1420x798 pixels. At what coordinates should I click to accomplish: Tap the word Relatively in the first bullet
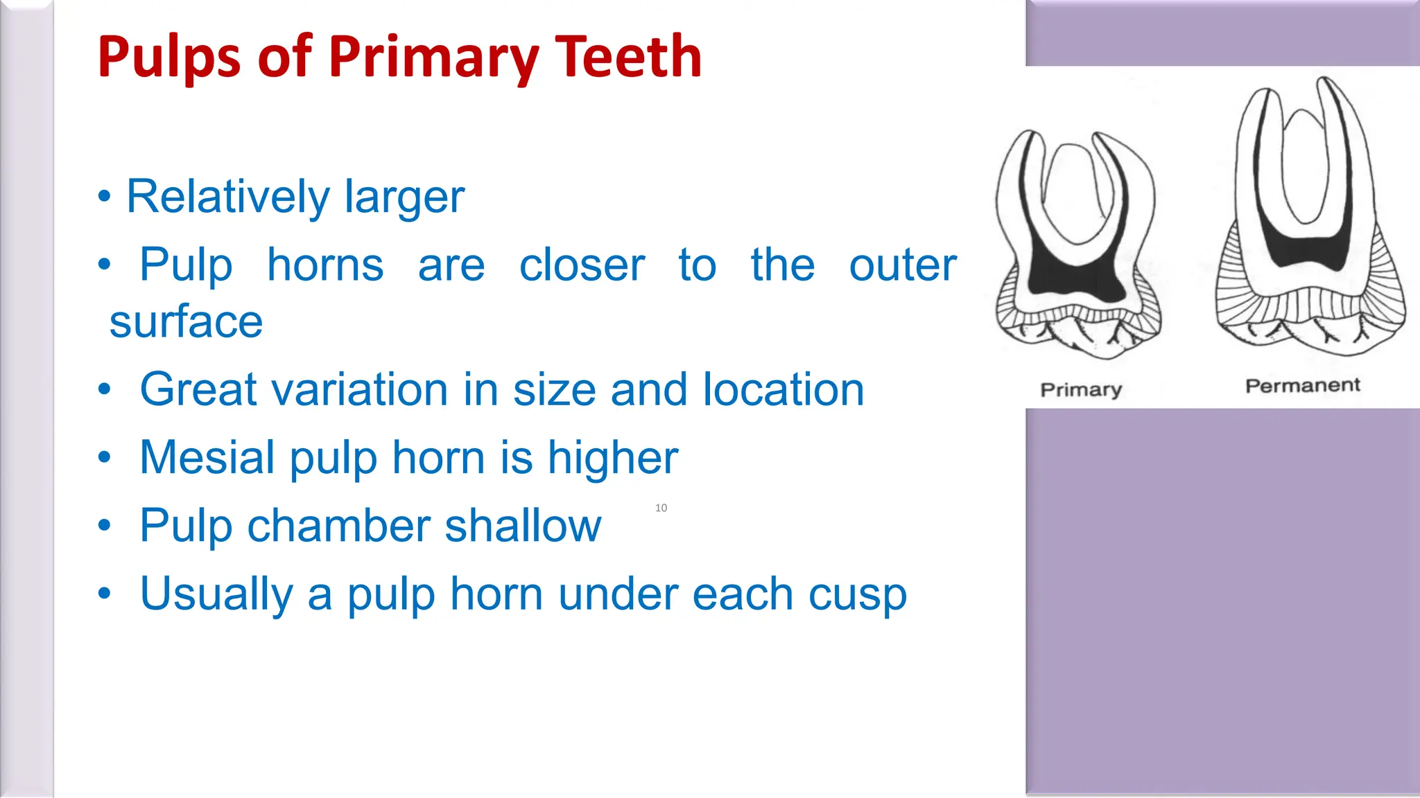(x=227, y=197)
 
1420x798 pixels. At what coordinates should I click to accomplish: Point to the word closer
(x=582, y=265)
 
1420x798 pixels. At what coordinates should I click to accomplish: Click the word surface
(x=186, y=322)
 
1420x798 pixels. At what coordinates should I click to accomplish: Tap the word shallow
(x=523, y=526)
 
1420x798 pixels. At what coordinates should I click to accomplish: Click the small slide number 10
(x=661, y=508)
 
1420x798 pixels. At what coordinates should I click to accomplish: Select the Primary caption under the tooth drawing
(x=1080, y=389)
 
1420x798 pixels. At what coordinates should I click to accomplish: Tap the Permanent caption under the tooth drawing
(x=1302, y=385)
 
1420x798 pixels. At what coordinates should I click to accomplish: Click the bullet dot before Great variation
(x=104, y=389)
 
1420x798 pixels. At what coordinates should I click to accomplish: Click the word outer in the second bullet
(x=902, y=265)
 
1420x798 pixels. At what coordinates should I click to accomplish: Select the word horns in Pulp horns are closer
(x=325, y=265)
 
